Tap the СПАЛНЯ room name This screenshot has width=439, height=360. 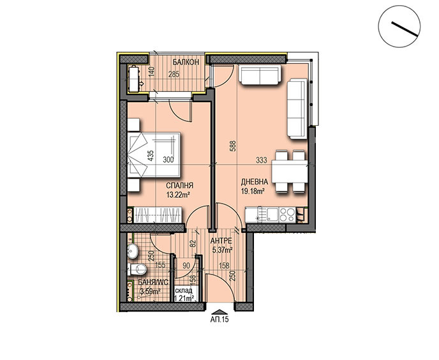pyautogui.click(x=180, y=186)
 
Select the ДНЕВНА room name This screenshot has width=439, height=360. pyautogui.click(x=255, y=182)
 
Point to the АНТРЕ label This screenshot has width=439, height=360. pyautogui.click(x=221, y=241)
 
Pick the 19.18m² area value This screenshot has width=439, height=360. pyautogui.click(x=253, y=191)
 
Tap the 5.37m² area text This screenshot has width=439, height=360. pyautogui.click(x=223, y=250)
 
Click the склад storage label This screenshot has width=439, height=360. pyautogui.click(x=184, y=290)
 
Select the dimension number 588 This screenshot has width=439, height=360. pyautogui.click(x=233, y=146)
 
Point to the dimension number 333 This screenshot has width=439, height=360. pyautogui.click(x=261, y=160)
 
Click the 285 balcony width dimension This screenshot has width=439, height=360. pyautogui.click(x=174, y=75)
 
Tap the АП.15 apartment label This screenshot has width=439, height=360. pyautogui.click(x=219, y=319)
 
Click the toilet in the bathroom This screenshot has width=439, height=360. pyautogui.click(x=137, y=269)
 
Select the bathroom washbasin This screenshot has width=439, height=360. pyautogui.click(x=133, y=251)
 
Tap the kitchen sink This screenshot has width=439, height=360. pyautogui.click(x=272, y=215)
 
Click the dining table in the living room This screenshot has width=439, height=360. pyautogui.click(x=290, y=172)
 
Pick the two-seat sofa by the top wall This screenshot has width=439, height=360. pyautogui.click(x=260, y=75)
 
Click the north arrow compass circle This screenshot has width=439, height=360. pyautogui.click(x=399, y=26)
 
